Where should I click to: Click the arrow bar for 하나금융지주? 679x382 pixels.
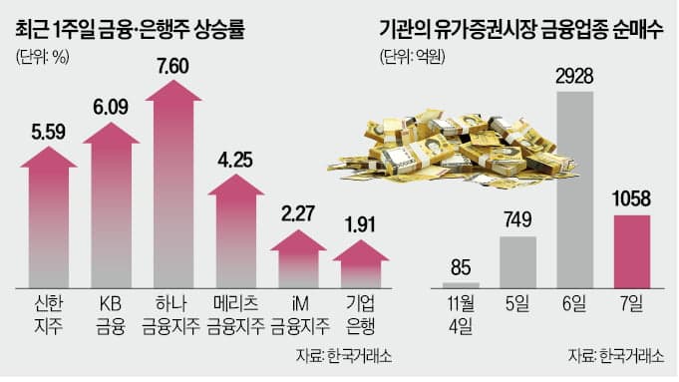point(183,190)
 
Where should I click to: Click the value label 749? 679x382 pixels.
point(517,221)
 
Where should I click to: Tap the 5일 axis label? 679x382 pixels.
point(518,301)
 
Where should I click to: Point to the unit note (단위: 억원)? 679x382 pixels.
point(409,57)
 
